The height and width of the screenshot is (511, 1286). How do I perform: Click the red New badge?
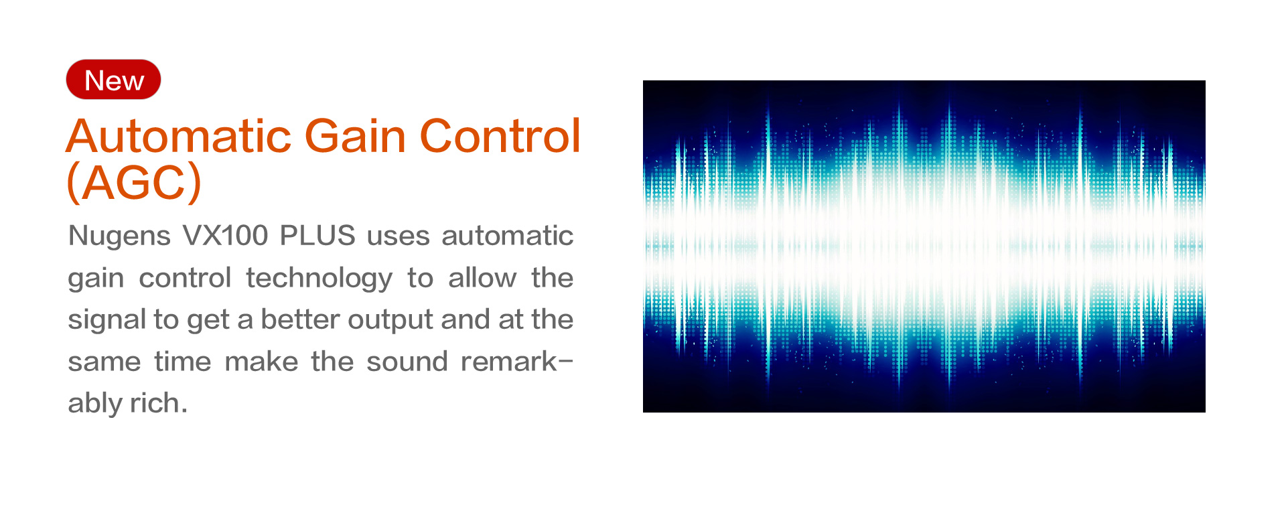pyautogui.click(x=113, y=80)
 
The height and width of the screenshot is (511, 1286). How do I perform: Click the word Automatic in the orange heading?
pyautogui.click(x=179, y=136)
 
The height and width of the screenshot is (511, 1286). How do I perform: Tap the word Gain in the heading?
pyautogui.click(x=356, y=136)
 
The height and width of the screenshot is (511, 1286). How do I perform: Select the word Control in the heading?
pyautogui.click(x=500, y=136)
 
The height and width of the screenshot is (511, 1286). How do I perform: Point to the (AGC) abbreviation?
pyautogui.click(x=134, y=182)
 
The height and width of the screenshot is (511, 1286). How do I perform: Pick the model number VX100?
pyautogui.click(x=226, y=236)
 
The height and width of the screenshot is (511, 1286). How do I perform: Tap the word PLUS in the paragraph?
pyautogui.click(x=317, y=236)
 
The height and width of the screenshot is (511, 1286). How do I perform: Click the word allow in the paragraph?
pyautogui.click(x=482, y=278)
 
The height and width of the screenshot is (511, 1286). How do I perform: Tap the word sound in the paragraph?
pyautogui.click(x=407, y=362)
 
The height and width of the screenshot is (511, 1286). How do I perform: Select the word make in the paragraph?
pyautogui.click(x=261, y=362)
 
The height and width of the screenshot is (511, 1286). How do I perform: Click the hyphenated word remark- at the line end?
pyautogui.click(x=517, y=362)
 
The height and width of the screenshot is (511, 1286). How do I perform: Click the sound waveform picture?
pyautogui.click(x=924, y=246)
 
